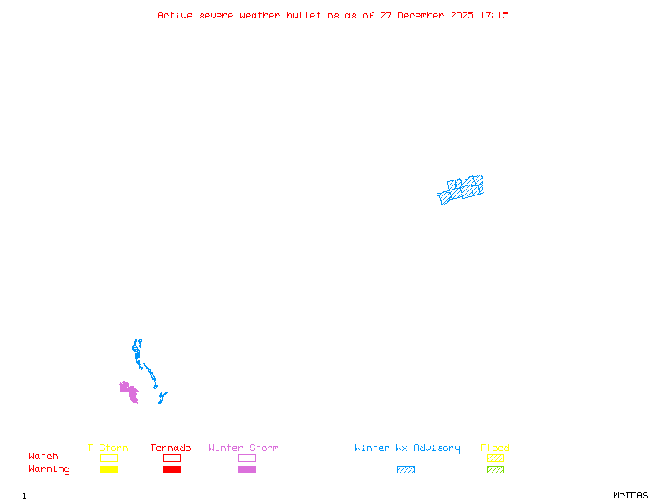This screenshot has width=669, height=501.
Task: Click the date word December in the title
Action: click(421, 15)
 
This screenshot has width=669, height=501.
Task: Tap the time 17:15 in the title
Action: click(494, 15)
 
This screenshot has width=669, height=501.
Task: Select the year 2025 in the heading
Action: click(462, 15)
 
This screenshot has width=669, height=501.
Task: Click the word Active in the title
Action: click(175, 15)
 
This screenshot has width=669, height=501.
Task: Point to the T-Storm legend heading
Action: click(108, 448)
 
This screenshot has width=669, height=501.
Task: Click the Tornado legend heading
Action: click(171, 448)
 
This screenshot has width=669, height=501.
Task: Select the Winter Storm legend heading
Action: click(243, 448)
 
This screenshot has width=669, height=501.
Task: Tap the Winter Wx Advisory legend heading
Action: click(407, 448)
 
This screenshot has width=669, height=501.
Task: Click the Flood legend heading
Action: click(495, 448)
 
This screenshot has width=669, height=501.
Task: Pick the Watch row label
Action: click(43, 456)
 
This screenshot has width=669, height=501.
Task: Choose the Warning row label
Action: click(49, 469)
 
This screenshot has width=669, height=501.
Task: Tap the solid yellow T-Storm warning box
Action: click(110, 469)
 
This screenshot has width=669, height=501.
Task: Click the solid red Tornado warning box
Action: click(172, 469)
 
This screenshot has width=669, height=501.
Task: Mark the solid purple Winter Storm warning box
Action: click(247, 469)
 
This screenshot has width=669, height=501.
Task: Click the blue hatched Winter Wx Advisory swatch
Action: click(406, 469)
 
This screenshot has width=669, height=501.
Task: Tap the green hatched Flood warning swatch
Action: click(495, 469)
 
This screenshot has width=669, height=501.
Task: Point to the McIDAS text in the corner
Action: click(631, 495)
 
